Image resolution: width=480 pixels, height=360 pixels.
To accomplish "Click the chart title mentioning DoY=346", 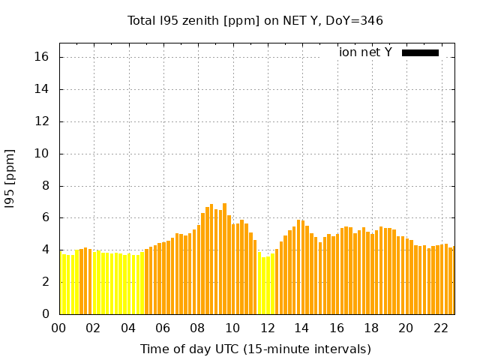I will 255,20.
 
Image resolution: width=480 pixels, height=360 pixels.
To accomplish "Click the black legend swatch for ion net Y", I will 420,52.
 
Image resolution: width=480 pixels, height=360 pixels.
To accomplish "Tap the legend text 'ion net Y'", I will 365,52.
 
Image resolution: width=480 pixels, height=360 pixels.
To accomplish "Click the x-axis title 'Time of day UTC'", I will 255,349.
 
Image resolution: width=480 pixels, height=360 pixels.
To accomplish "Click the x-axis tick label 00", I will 59,328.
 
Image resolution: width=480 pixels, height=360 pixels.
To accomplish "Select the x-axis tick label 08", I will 198,328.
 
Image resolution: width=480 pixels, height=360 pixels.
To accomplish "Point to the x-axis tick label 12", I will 267,328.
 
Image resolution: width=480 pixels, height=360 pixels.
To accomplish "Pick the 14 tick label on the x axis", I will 301,328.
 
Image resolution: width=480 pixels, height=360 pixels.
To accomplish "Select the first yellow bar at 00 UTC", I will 61,283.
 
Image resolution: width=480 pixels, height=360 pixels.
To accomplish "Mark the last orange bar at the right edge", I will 452,280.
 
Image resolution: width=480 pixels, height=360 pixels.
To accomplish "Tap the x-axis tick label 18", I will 371,328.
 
